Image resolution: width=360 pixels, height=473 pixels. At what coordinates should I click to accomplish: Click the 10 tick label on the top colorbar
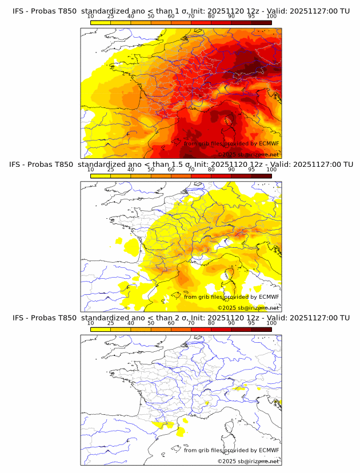tap(91, 17)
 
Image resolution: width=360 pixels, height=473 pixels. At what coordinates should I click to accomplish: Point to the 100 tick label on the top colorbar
tap(271, 17)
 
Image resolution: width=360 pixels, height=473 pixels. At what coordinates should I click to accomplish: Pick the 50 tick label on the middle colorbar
tap(151, 170)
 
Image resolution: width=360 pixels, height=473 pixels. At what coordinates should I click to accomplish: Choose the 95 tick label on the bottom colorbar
tap(251, 323)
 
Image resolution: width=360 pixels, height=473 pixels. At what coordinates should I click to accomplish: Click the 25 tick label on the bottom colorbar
tap(111, 323)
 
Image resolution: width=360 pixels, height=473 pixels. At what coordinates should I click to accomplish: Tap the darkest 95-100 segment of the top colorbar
tap(261, 23)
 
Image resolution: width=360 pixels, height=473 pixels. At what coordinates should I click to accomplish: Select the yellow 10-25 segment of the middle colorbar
tap(101, 176)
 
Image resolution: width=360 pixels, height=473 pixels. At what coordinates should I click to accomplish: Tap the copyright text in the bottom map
tap(248, 461)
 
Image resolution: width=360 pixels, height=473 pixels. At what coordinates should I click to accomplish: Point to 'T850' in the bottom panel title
tap(66, 317)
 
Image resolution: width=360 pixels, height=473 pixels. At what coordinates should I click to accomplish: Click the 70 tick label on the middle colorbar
tap(191, 170)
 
